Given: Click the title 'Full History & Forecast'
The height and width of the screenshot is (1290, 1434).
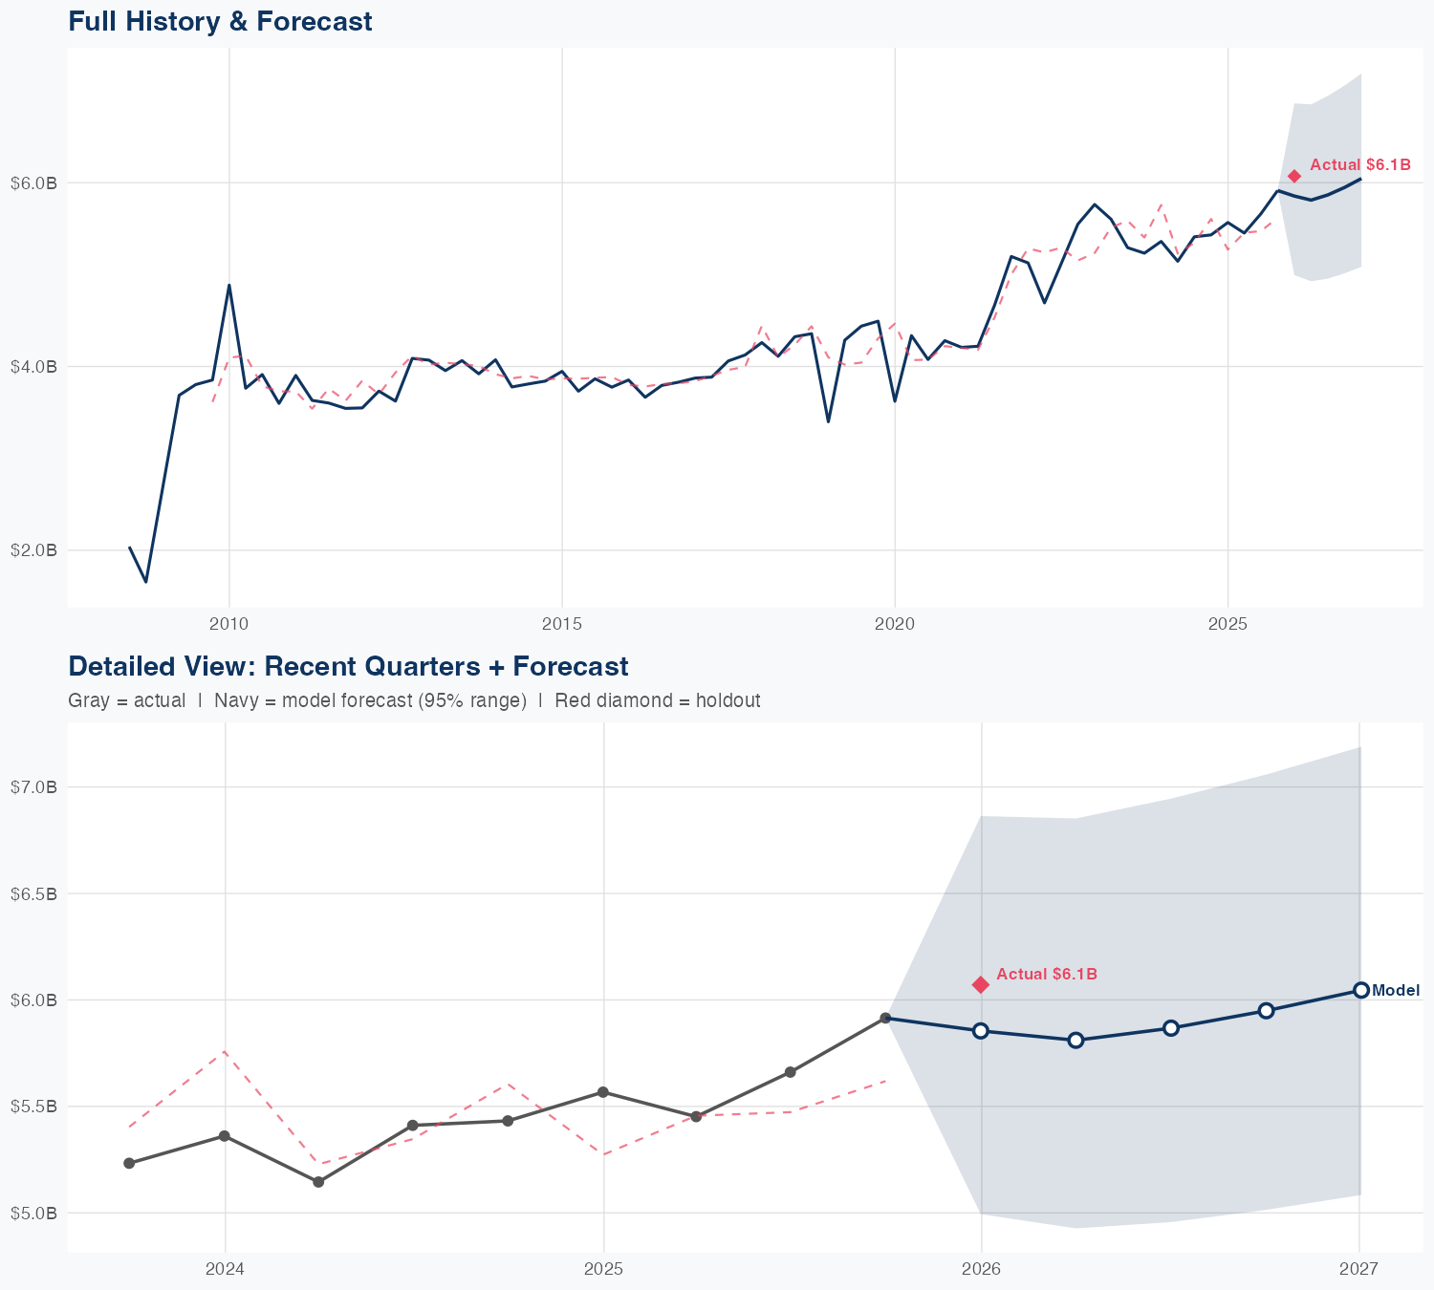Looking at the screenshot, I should [220, 21].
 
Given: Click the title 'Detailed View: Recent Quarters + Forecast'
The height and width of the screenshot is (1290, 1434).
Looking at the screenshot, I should [348, 666].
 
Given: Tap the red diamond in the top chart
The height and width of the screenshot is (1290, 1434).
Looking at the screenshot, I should [1293, 176].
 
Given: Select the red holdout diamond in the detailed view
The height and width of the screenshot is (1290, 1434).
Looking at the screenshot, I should [980, 984].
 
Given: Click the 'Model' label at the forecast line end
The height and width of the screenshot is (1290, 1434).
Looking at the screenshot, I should [1396, 991].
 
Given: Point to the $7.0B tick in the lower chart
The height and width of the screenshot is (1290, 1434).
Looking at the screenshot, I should [33, 787].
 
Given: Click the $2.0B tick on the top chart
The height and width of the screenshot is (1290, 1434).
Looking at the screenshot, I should [33, 550].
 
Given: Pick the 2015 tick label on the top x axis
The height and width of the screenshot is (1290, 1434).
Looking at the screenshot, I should [561, 624].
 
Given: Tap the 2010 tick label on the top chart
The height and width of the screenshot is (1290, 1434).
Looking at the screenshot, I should [228, 624].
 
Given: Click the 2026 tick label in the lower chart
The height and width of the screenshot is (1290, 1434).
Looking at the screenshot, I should [981, 1269].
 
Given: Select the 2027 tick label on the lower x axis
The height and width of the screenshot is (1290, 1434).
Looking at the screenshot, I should [1358, 1269].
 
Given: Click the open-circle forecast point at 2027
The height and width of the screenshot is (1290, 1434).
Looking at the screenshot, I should [1360, 990].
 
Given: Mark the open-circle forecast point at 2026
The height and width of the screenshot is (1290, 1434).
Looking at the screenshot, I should [980, 1030].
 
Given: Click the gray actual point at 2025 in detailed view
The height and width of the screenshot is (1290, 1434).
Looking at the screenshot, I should [602, 1092].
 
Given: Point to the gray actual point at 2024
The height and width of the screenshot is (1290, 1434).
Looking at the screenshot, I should [224, 1136].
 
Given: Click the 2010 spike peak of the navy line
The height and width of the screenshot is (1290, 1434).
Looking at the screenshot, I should [228, 285].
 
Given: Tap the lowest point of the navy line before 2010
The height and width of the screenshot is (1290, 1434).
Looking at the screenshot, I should [145, 581].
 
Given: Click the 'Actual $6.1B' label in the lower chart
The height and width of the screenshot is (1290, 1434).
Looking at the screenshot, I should [1046, 975].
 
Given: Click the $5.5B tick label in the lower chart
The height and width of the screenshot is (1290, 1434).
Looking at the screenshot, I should [33, 1107].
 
